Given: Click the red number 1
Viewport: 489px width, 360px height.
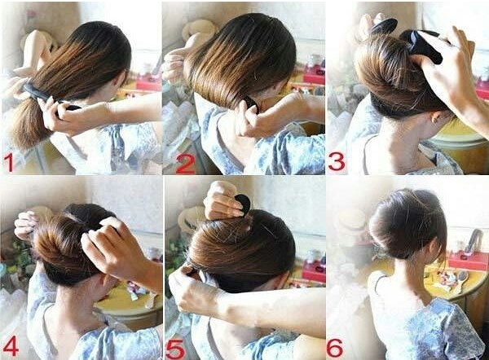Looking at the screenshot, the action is [x=9, y=163].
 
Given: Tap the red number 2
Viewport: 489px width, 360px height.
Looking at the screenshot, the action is [x=186, y=164].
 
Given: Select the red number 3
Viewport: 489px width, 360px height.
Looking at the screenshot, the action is [x=337, y=162].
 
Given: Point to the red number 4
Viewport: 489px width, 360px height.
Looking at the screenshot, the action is [x=11, y=347].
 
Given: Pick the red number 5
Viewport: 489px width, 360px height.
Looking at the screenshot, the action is [x=175, y=349].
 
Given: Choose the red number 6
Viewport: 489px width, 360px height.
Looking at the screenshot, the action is [x=335, y=348].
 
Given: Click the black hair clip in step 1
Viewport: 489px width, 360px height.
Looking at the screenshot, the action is [x=46, y=97].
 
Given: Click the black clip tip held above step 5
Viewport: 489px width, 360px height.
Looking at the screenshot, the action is [x=243, y=202].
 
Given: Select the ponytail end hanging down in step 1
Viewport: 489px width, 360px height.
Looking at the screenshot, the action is [x=29, y=125].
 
